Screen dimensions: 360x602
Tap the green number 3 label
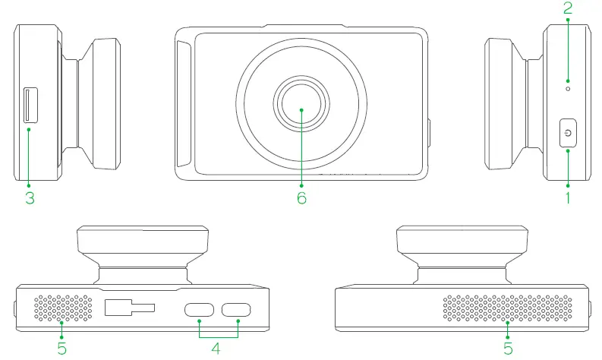coord(28,198)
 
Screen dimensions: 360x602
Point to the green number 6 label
coord(301,198)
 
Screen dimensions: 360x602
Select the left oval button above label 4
coord(200,309)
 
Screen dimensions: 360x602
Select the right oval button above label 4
coord(237,309)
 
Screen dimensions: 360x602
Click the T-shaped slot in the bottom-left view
coord(128,308)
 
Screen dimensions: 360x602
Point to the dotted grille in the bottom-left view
coord(64,308)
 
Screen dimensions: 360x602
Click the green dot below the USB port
coord(29,130)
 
